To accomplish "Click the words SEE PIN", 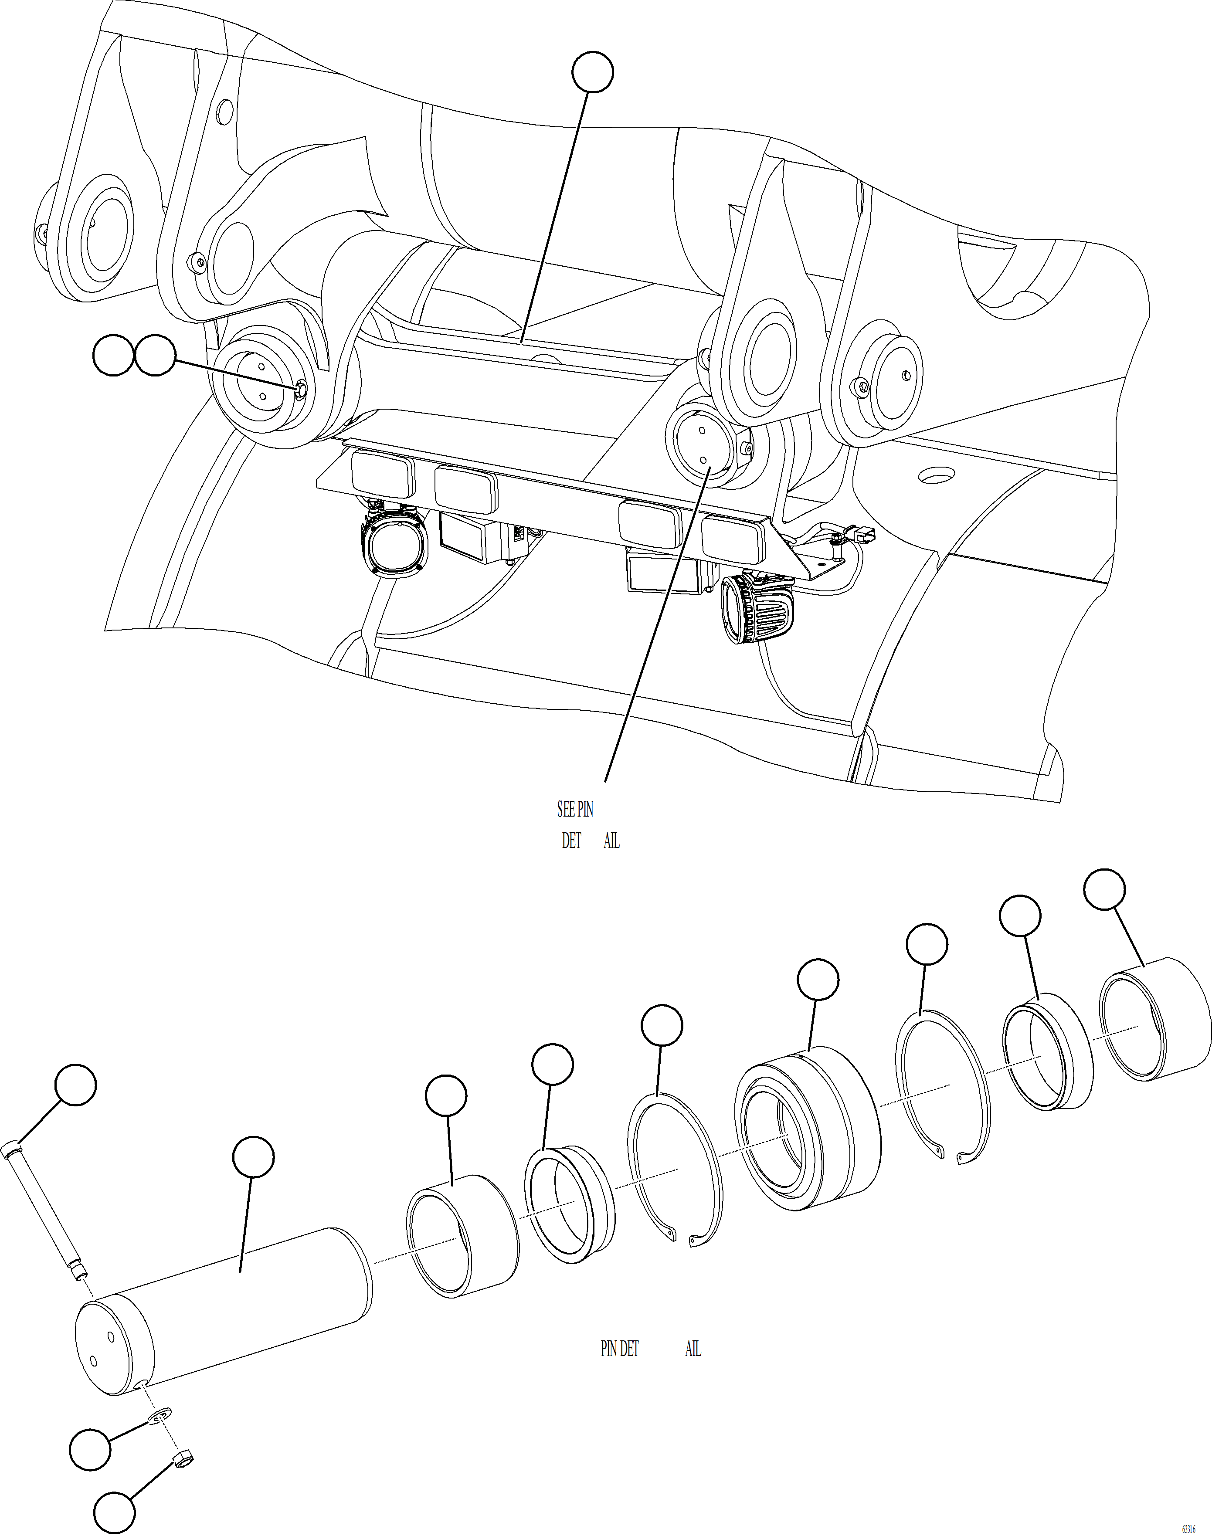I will click(575, 809).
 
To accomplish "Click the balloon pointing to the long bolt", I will click(76, 1084).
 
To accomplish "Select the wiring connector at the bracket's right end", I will click(865, 535).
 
